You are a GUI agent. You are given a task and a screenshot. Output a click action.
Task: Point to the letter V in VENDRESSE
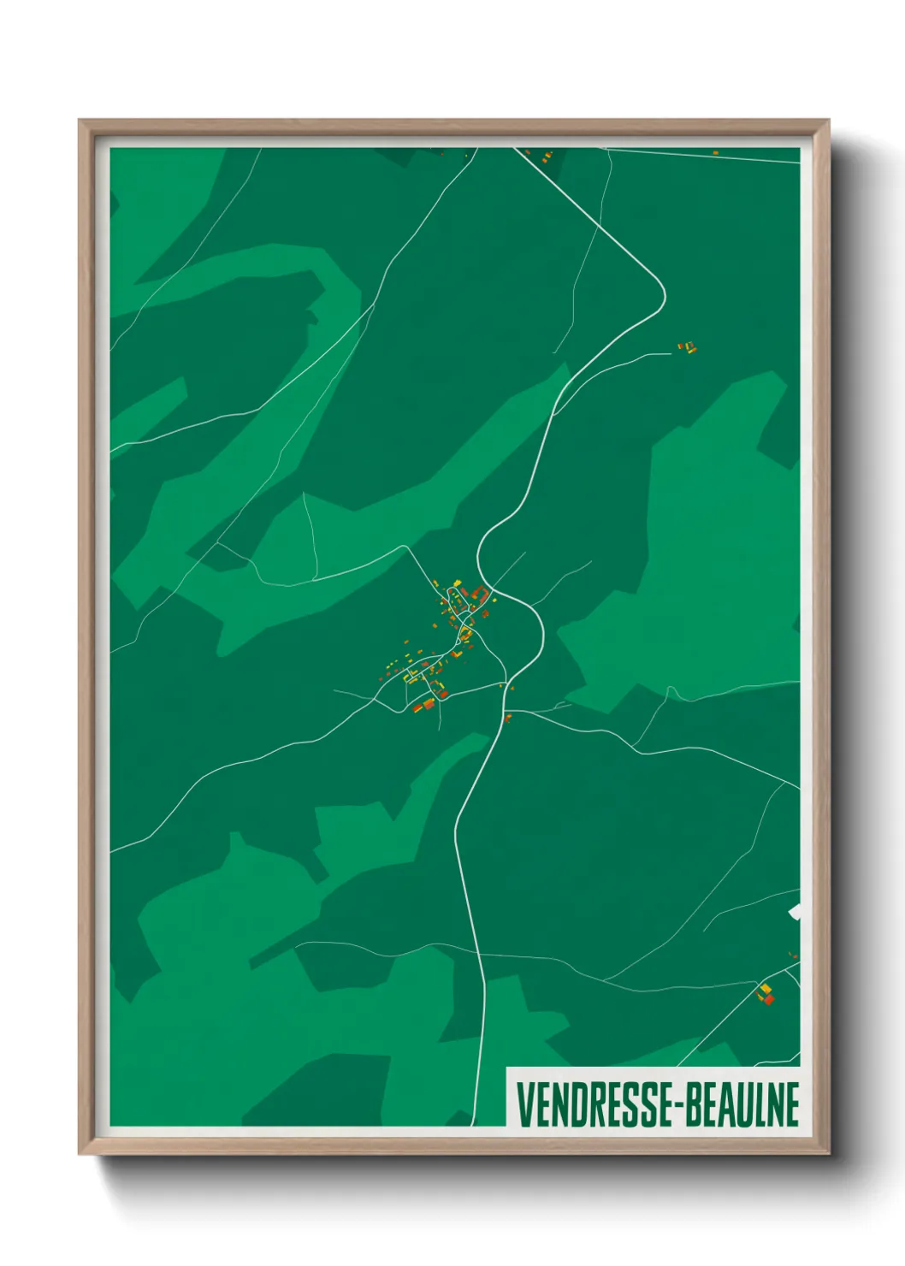[x=524, y=1104]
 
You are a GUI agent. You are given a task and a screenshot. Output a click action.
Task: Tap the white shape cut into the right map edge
[x=796, y=912]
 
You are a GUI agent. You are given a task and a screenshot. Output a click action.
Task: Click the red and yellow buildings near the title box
[x=766, y=994]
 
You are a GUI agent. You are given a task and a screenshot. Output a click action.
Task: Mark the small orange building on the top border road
[x=715, y=153]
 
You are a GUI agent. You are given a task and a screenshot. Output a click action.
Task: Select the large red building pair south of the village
[x=424, y=706]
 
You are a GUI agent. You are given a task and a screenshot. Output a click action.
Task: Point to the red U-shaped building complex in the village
[x=480, y=594]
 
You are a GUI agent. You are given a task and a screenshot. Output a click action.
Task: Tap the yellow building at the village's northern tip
[x=457, y=583]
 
